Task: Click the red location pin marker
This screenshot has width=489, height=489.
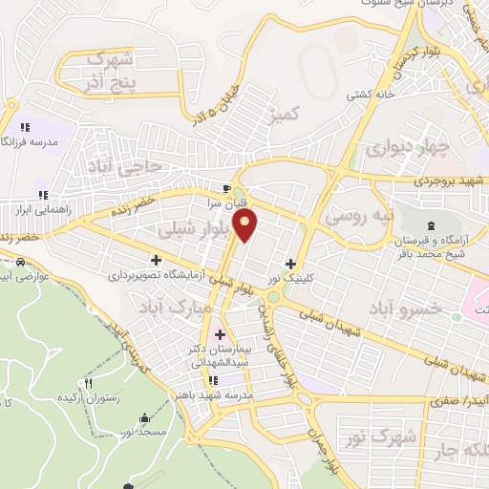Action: [x=246, y=224]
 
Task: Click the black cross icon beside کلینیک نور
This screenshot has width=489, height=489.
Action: [x=290, y=263]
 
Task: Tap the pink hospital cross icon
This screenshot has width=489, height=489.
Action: [x=221, y=334]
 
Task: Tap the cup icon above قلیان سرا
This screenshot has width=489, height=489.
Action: [x=226, y=188]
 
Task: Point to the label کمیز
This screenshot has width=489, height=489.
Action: [x=286, y=116]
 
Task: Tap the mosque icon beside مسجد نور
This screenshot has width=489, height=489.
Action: [x=143, y=417]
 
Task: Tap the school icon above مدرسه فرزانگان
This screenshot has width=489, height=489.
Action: [x=25, y=125]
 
